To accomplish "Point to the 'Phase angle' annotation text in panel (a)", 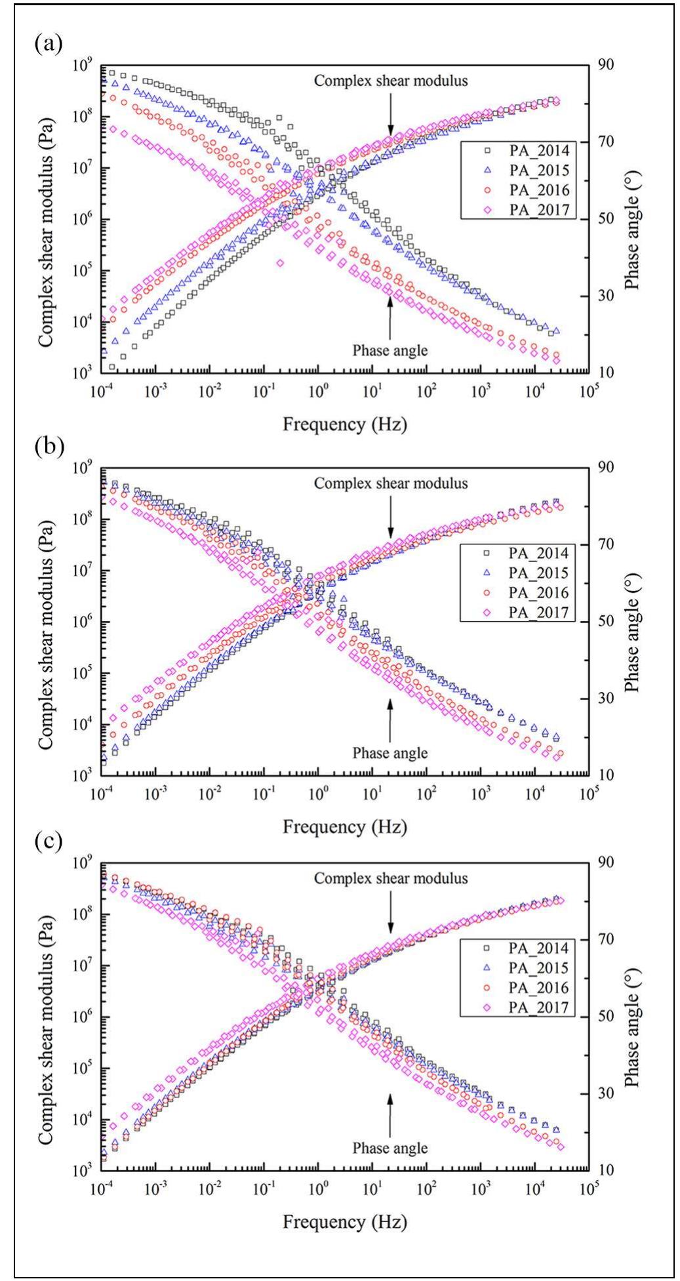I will tap(390, 350).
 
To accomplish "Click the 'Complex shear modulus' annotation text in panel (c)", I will tap(391, 878).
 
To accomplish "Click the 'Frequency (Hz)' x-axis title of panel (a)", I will tap(344, 424).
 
